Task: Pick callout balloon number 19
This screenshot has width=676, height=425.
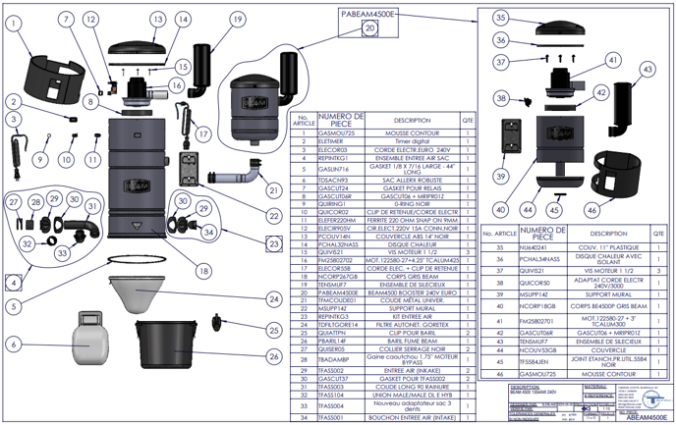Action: tap(237, 19)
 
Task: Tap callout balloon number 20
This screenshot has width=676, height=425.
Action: tap(369, 29)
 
